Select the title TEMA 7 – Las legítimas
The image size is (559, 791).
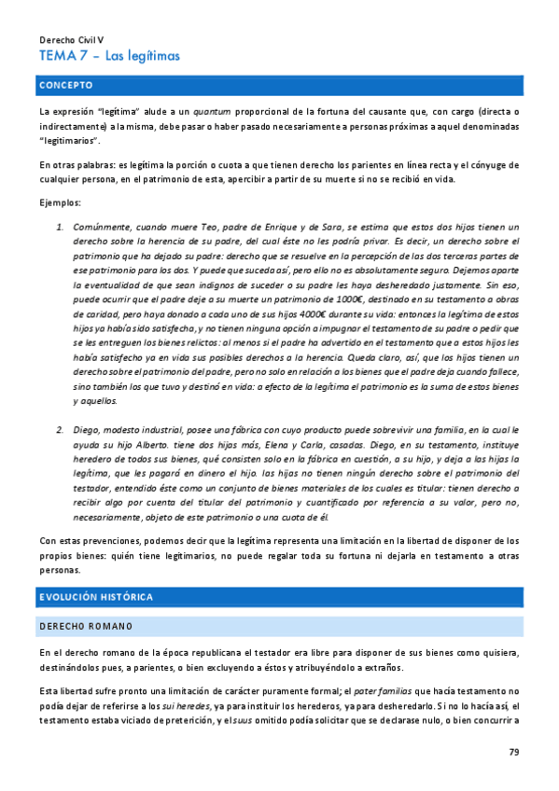[109, 56]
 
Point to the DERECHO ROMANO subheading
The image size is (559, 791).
[86, 625]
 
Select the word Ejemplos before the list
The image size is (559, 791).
[61, 202]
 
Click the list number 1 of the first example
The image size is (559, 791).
[59, 227]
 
